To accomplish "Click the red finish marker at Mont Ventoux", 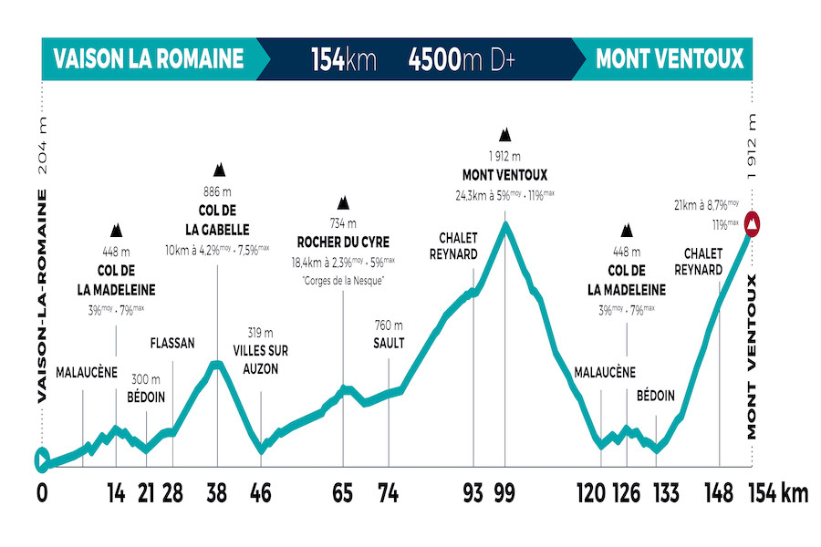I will coord(753,222).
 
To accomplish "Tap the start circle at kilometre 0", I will coord(41,460).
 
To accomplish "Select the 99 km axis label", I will coord(504,493).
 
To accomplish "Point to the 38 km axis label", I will coord(217,493).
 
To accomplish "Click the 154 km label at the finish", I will coord(777,493).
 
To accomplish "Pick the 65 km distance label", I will coord(344,493).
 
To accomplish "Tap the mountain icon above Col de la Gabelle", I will coord(219,170).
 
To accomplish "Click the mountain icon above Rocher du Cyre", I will coord(343,202).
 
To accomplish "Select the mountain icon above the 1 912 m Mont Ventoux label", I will coord(504,135).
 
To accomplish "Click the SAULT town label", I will coord(389,343).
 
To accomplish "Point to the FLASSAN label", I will coord(172,344).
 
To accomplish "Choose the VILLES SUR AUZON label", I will coord(261,359).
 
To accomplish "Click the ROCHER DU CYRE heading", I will coord(343,243).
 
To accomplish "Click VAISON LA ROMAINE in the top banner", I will coord(149,60).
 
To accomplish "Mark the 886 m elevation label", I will coord(218,192).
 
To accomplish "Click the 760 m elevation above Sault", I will coord(389,325).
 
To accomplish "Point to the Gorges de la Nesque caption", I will coord(343,280).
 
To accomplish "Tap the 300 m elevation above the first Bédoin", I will coord(146,379).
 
